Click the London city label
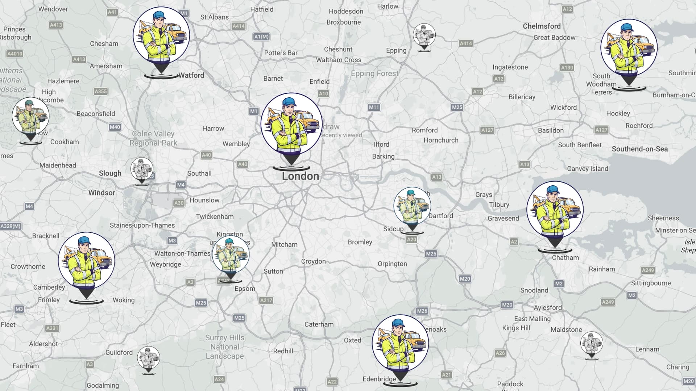[301, 176]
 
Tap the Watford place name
[191, 75]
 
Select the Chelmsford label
[542, 26]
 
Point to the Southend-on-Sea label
[639, 149]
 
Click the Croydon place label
[313, 261]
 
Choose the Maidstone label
[566, 329]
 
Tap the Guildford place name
[119, 352]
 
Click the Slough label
[110, 173]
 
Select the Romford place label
[424, 130]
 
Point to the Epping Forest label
[374, 73]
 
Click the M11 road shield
[374, 107]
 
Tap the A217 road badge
[266, 300]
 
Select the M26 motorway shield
[422, 311]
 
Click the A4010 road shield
[15, 54]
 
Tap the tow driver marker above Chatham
[555, 210]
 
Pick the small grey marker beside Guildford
[148, 358]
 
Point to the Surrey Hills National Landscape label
[225, 347]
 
